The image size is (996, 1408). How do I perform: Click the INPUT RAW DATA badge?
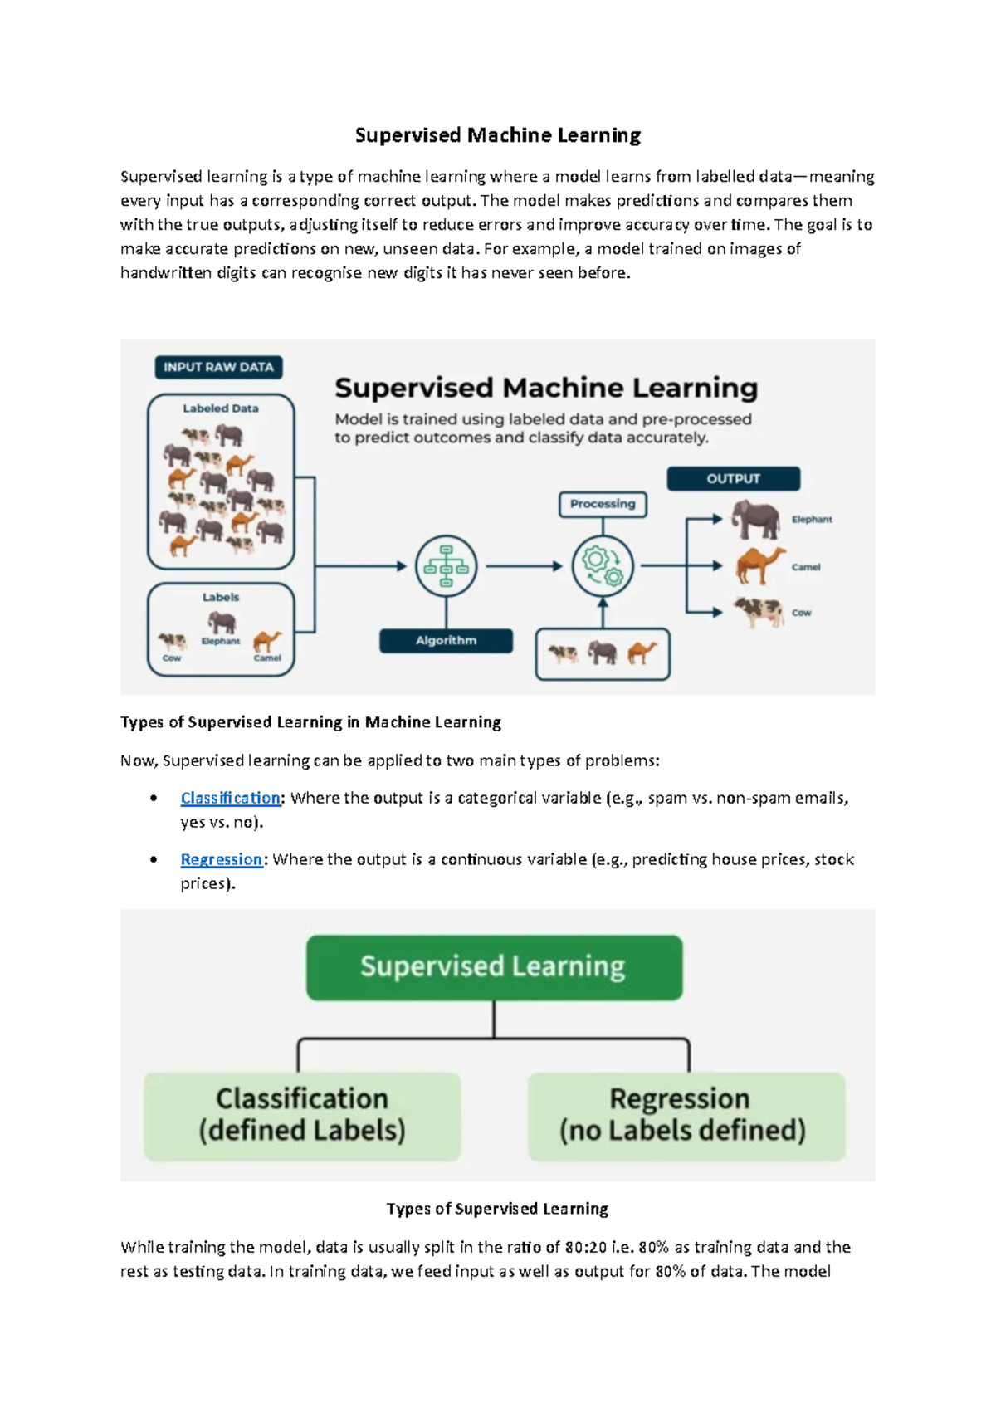point(218,367)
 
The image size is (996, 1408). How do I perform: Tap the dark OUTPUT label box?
point(734,478)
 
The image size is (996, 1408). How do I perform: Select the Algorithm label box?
point(447,641)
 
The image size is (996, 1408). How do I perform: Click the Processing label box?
point(603,504)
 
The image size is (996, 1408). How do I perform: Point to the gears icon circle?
point(603,566)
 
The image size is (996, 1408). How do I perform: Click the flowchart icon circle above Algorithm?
point(447,566)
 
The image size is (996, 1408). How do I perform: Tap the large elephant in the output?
point(755,519)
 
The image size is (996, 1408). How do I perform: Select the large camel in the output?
point(760,565)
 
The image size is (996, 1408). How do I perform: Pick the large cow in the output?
point(759,612)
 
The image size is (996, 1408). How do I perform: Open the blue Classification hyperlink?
point(231,798)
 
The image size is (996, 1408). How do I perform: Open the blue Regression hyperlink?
point(221,858)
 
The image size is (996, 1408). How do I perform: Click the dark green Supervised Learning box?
point(494,967)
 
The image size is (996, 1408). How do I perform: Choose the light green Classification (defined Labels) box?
point(302,1117)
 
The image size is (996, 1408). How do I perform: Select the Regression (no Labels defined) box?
point(686,1117)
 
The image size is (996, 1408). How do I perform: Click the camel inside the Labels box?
point(267,642)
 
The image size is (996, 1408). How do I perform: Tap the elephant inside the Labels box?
point(221,623)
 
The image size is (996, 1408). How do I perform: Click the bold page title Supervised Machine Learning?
point(498,135)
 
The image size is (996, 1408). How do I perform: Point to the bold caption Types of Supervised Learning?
point(498,1208)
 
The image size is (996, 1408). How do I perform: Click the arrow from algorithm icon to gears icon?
point(524,566)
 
